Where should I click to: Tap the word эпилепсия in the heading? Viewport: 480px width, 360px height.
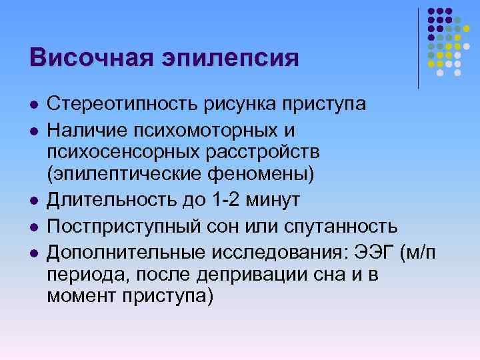pos(229,58)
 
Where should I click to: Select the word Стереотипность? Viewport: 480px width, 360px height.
pos(119,105)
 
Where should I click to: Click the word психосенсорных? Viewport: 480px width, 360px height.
pos(118,151)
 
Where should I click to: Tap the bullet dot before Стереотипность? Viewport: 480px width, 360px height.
pos(33,105)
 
